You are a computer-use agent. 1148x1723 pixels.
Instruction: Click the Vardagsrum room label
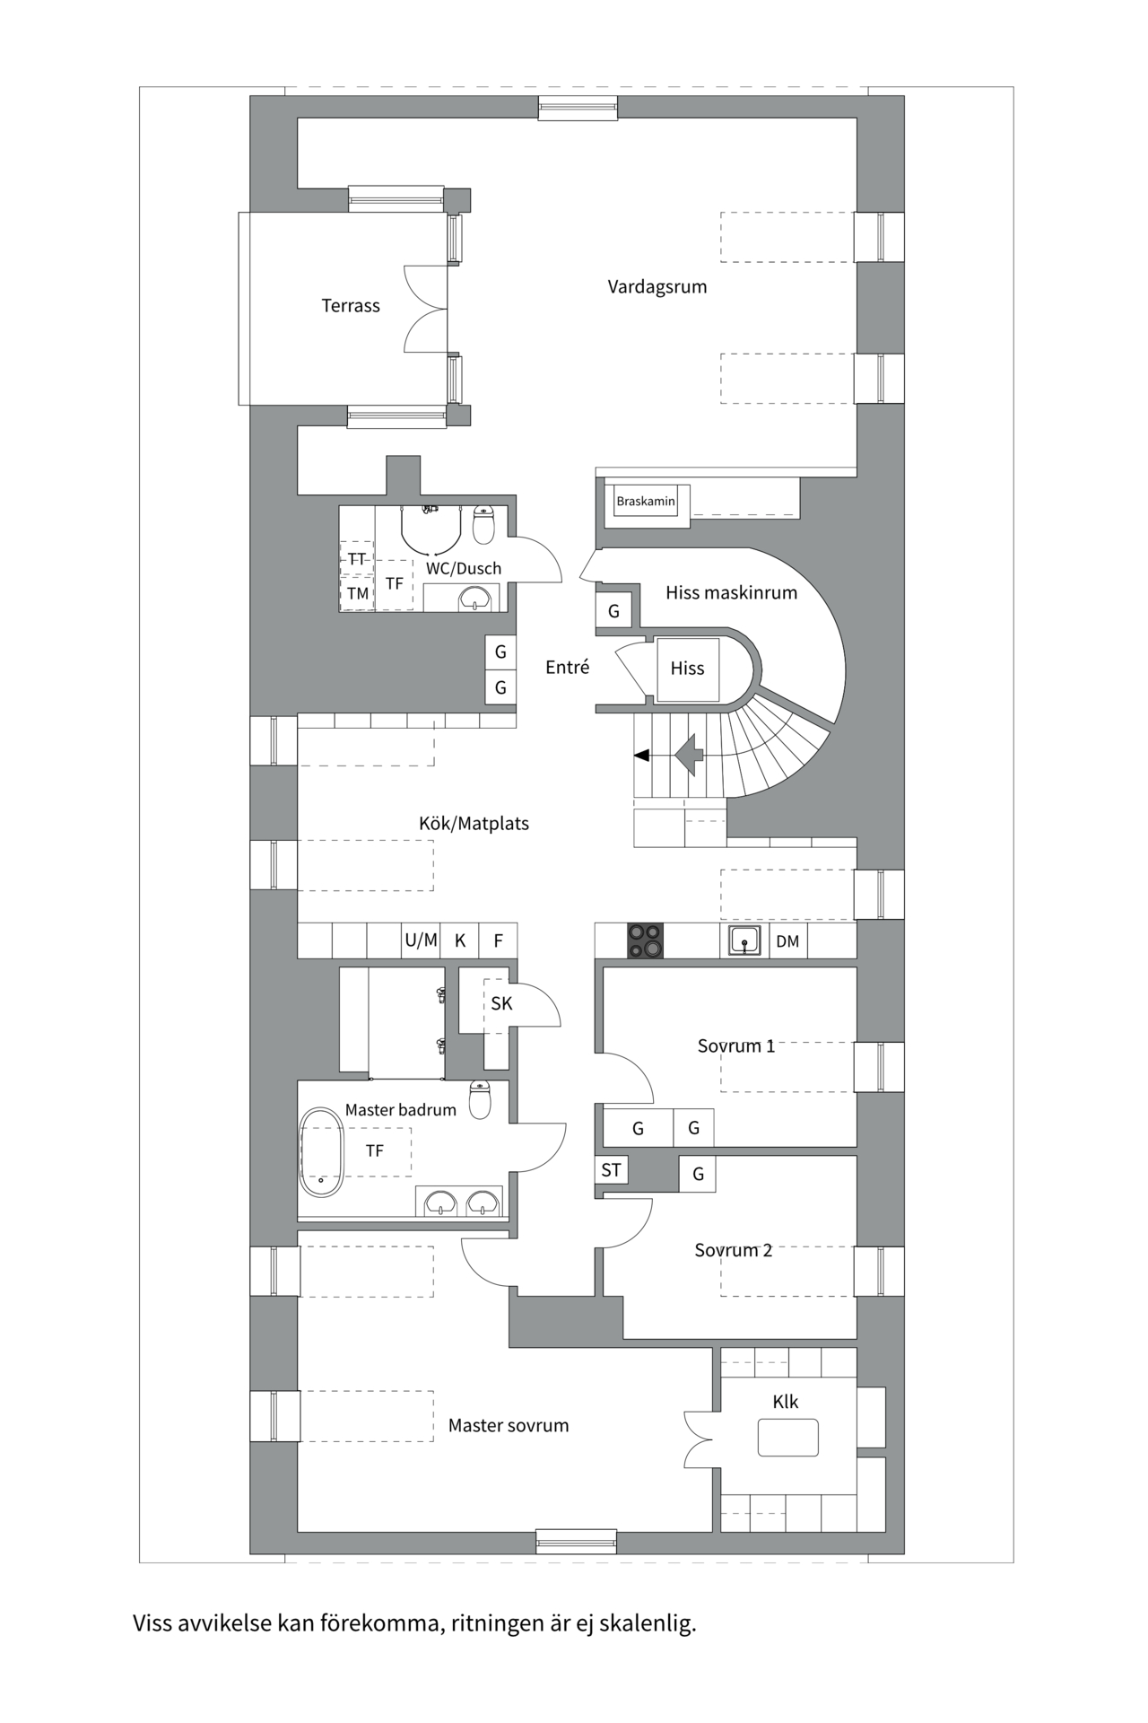pos(657,287)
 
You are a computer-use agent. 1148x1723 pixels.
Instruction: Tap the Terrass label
pos(351,306)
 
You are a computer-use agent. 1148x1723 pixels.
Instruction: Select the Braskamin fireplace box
pos(646,501)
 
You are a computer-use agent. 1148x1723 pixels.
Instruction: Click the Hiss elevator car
pos(687,669)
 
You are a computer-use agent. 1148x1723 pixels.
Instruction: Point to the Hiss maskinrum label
pos(731,592)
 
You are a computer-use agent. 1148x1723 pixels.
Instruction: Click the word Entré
pos(568,667)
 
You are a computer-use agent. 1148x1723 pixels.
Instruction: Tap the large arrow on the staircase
pos(689,755)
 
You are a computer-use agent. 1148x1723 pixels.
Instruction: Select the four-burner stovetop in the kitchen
pos(645,940)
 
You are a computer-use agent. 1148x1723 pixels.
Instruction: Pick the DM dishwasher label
pos(787,941)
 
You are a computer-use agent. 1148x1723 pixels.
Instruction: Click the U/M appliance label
pos(421,940)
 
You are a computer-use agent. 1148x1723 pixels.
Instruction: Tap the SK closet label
pos(501,1003)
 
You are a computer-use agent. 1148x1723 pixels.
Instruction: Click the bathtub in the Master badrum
pos(321,1151)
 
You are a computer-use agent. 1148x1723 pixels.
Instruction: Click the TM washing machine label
pos(358,593)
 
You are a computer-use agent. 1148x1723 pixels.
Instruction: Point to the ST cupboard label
pos(611,1170)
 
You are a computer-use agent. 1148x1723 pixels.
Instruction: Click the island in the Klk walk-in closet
pos(787,1437)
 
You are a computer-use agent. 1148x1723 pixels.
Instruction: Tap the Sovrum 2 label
pos(733,1250)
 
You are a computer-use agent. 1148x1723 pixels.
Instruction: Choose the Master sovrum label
pos(509,1425)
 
